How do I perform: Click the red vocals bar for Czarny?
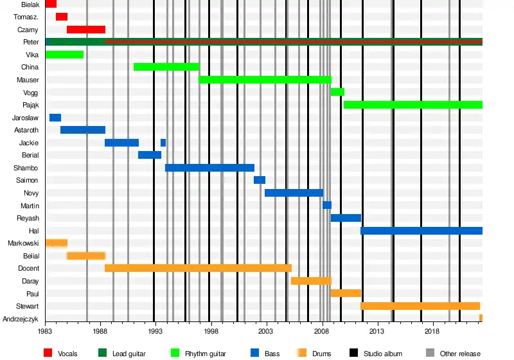(x=86, y=30)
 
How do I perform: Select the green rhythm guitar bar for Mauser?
(x=265, y=80)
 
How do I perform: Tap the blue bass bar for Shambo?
(x=209, y=168)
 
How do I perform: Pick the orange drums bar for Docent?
(x=198, y=268)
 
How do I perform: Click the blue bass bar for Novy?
(x=294, y=193)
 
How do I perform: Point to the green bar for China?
(x=166, y=67)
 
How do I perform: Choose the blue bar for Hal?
(x=421, y=231)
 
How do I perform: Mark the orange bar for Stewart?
(x=420, y=306)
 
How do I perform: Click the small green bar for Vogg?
(x=337, y=92)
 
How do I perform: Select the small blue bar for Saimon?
(x=260, y=180)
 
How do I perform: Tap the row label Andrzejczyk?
(x=21, y=319)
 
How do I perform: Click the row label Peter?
(x=31, y=42)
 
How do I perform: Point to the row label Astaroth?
(x=26, y=130)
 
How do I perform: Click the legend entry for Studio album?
(x=383, y=354)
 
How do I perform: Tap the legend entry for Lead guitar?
(x=128, y=354)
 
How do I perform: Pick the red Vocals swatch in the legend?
(x=48, y=353)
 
